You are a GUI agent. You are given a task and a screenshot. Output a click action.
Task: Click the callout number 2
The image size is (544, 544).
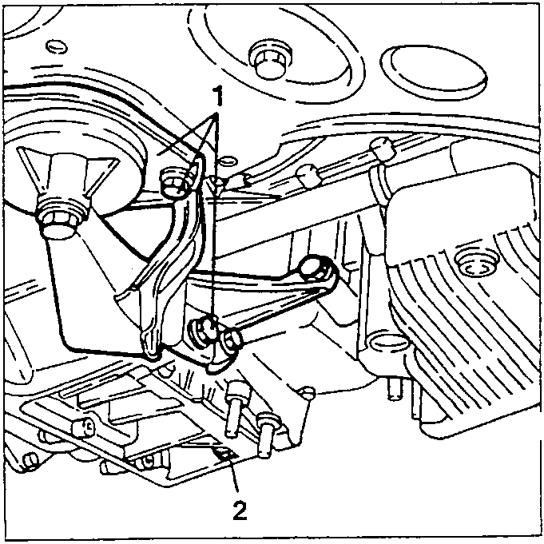(x=240, y=510)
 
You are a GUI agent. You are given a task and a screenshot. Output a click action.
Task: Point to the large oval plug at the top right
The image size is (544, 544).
(x=433, y=68)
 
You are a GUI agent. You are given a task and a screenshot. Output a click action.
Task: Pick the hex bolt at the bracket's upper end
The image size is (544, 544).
(x=174, y=181)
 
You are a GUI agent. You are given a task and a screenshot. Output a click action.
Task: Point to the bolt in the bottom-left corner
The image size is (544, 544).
(x=30, y=462)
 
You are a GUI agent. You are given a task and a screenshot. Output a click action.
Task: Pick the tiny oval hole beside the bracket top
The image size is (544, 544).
(x=228, y=161)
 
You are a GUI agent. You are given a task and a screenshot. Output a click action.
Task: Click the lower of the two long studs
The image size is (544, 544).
(x=267, y=434)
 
